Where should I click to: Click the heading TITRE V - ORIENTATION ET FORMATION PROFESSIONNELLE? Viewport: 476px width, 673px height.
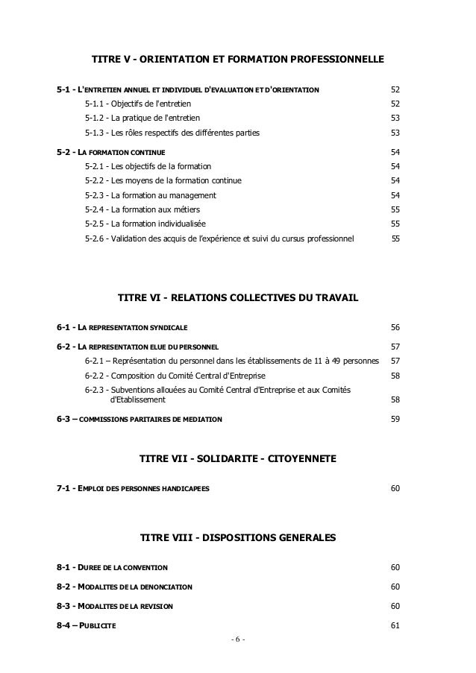click(x=237, y=57)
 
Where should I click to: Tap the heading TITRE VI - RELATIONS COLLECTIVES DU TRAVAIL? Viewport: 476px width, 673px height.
click(x=238, y=298)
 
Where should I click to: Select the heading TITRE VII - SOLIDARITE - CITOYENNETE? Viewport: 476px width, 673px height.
click(x=238, y=458)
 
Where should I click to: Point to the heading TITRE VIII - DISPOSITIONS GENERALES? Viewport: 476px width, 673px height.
click(x=238, y=537)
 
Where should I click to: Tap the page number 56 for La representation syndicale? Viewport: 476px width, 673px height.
click(x=395, y=327)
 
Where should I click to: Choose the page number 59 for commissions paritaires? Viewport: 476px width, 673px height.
click(x=395, y=419)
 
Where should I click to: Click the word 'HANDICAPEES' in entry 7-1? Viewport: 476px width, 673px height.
click(x=186, y=488)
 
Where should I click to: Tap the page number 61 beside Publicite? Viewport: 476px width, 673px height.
click(x=395, y=625)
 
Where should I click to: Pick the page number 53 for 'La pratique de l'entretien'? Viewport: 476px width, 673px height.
click(x=395, y=118)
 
